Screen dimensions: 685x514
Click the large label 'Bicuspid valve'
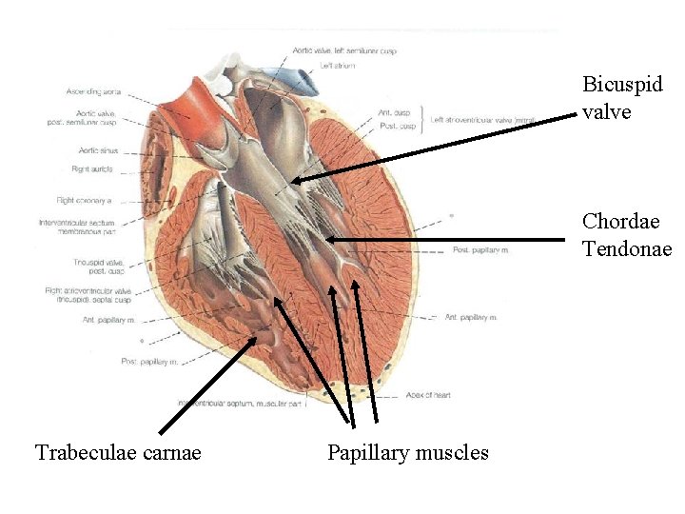coord(622,97)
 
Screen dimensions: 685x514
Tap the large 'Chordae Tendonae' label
coord(627,235)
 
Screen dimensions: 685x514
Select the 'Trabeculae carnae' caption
coord(118,452)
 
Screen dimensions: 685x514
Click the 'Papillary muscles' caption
coord(407,452)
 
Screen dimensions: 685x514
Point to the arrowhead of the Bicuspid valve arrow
coord(294,180)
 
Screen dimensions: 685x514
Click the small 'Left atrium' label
coord(338,66)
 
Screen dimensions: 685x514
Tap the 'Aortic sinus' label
coord(92,150)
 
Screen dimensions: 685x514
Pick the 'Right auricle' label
coord(92,169)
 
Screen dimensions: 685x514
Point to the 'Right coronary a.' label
coord(85,201)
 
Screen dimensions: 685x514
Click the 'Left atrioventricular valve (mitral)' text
coord(483,120)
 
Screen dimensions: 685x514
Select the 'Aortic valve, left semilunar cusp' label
coord(344,49)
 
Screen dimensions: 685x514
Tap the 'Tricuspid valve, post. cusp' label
coord(97,267)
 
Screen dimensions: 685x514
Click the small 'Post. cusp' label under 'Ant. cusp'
coord(396,127)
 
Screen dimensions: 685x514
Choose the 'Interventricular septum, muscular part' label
coord(248,404)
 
